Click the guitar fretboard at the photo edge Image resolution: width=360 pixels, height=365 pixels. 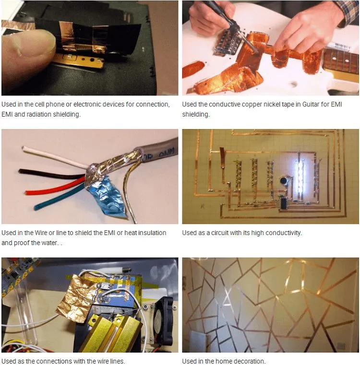tap(341, 60)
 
